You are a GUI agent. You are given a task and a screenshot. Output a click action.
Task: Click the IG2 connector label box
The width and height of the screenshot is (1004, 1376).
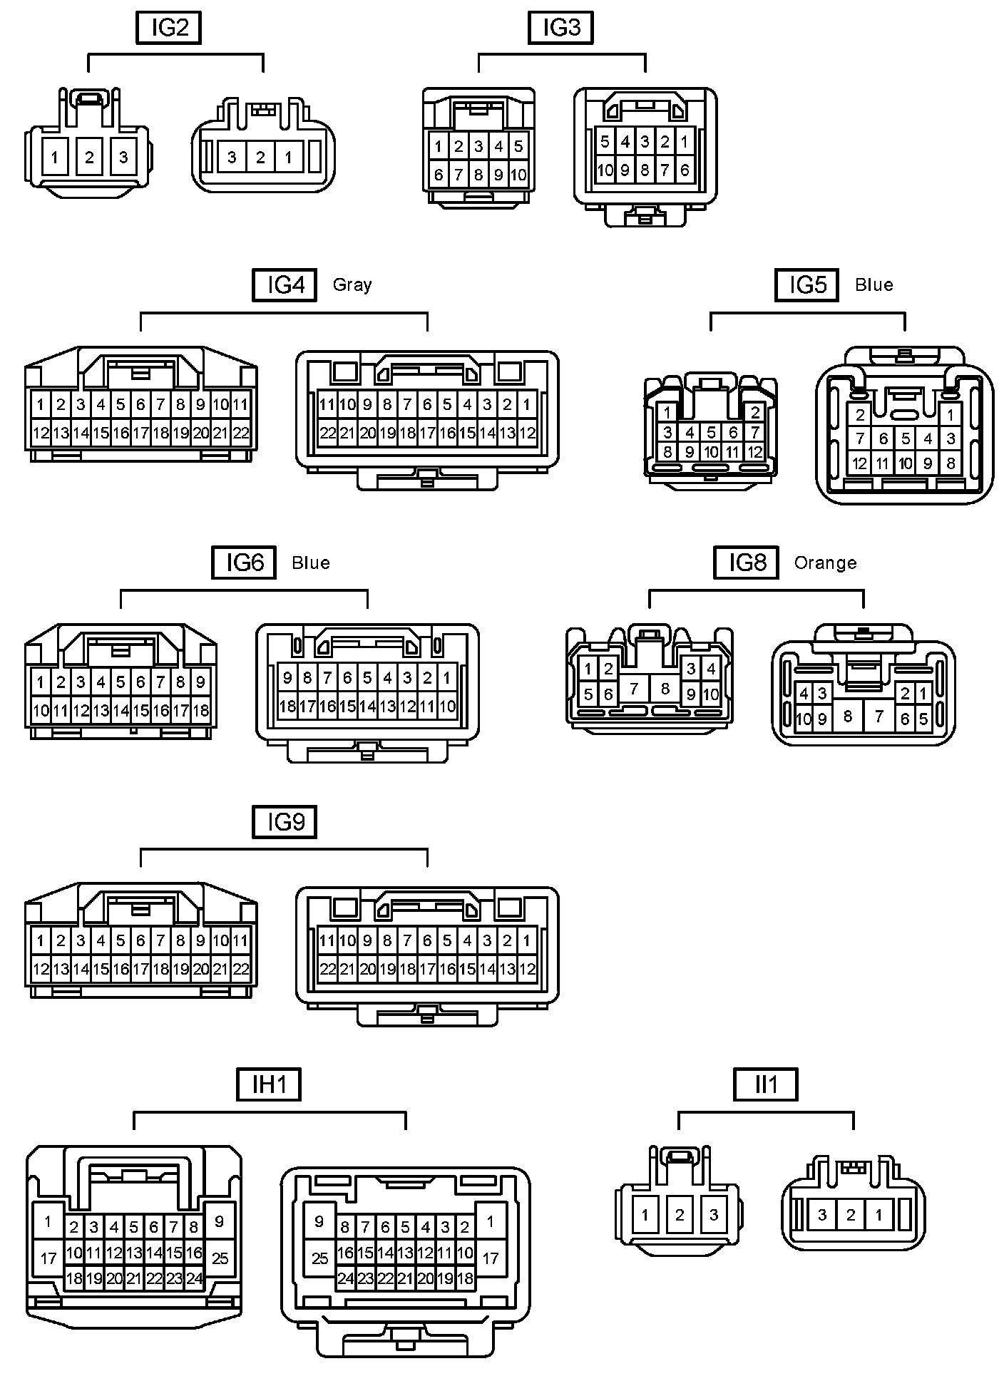tap(168, 28)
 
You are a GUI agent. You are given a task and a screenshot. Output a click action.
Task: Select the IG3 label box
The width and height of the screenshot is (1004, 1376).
tap(560, 28)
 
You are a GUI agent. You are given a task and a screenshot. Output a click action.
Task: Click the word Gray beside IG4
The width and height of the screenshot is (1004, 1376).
tap(352, 285)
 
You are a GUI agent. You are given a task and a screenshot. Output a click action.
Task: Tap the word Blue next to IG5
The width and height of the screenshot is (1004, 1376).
tap(874, 285)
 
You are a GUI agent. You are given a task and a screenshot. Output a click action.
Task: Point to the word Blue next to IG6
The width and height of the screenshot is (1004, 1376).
tap(311, 563)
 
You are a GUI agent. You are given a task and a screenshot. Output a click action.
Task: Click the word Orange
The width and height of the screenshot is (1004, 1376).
tap(825, 563)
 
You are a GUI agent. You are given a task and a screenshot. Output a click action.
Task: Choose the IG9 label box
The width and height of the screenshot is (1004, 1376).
tap(285, 822)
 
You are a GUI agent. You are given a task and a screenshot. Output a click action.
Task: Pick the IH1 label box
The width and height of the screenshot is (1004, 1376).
tap(269, 1084)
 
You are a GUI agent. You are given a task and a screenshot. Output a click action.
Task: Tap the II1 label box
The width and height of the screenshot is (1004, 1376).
tap(766, 1084)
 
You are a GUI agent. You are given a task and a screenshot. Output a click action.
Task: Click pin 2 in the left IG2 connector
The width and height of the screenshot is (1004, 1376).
tap(89, 157)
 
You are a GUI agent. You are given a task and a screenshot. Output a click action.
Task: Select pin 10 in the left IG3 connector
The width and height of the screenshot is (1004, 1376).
tap(518, 175)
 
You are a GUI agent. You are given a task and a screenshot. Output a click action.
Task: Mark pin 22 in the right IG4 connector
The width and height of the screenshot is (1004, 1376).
tap(327, 433)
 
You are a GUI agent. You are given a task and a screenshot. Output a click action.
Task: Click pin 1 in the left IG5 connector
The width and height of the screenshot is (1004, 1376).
tap(667, 412)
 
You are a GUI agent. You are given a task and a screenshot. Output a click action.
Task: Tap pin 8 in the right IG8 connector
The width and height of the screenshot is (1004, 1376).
tap(848, 716)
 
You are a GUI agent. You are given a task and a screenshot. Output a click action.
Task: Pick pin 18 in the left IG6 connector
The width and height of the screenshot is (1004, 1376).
tap(201, 710)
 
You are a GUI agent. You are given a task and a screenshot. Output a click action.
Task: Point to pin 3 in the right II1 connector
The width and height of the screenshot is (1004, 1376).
tap(822, 1214)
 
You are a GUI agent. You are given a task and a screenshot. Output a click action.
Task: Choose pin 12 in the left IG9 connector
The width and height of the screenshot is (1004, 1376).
tap(41, 969)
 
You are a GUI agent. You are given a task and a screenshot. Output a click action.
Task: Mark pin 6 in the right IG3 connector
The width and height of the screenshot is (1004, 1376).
tap(685, 170)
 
